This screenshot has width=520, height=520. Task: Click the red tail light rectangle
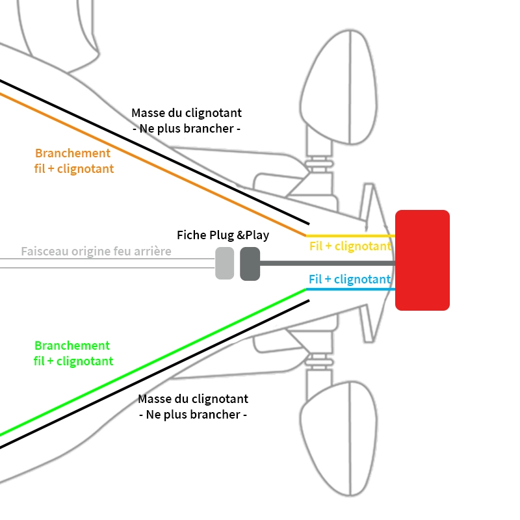pos(422,260)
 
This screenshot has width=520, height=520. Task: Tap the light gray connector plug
pos(224,263)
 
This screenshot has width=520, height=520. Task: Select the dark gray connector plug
pos(250,263)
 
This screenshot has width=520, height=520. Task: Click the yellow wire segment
pos(351,235)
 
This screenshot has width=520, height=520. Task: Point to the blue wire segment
pos(351,289)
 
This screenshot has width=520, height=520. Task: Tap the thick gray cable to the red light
pos(325,263)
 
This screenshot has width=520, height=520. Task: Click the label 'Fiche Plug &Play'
pos(223,235)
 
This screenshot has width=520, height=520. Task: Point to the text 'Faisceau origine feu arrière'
pos(96,251)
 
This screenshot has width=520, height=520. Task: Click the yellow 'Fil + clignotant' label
pos(350,246)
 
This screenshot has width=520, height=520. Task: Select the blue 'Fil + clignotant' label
pos(350,279)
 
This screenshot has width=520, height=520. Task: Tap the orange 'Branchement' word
pos(73,153)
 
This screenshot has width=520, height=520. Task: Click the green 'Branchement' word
pos(72,346)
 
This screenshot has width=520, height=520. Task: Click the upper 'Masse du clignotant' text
pos(187,112)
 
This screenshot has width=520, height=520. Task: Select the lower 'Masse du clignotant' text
pos(193,398)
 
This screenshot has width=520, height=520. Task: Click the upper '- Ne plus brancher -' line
pos(187,129)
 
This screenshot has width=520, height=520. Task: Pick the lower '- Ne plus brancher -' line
pos(193,415)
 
